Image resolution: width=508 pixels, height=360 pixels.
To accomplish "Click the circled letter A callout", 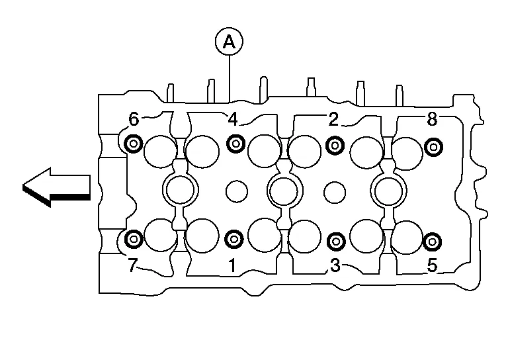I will pos(229,42).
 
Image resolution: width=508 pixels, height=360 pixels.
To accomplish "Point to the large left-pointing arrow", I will pos(56,187).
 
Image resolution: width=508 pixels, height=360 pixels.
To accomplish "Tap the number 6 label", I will pos(134,119).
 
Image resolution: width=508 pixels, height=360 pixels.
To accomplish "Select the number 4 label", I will pos(232,119).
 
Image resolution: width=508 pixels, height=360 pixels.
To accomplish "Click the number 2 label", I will pos(333,119).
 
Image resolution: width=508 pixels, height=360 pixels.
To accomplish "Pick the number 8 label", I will pos(432,119).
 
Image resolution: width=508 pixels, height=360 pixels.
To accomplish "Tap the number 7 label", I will pos(132,265).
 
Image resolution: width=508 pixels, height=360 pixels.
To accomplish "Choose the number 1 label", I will pos(232,265).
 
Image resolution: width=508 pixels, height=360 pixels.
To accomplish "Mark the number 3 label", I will pos(335,265).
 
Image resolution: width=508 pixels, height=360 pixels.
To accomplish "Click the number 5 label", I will pos(432,265).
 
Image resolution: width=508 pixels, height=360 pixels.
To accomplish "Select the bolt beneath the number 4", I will pos(235,143).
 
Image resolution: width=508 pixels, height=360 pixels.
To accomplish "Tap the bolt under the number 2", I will pos(335,145).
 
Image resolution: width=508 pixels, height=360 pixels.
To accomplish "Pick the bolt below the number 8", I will pos(433,146).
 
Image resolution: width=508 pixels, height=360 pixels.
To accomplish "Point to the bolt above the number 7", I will pos(134,238).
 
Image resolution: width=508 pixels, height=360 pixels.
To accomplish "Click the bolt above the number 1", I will pos(234,238).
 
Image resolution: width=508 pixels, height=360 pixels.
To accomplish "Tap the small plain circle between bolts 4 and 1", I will pos(236,191).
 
